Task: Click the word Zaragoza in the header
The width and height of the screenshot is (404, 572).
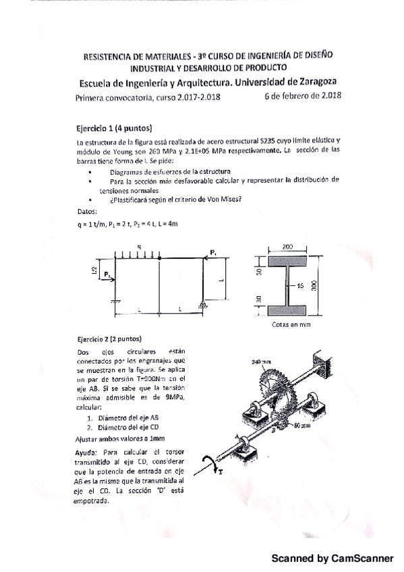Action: point(311,82)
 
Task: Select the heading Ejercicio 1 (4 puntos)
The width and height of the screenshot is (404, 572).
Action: point(115,127)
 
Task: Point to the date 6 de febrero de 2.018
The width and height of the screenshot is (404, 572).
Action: point(304,96)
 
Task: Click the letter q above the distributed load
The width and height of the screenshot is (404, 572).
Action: point(138,246)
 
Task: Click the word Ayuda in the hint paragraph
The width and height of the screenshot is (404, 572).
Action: point(88,451)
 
